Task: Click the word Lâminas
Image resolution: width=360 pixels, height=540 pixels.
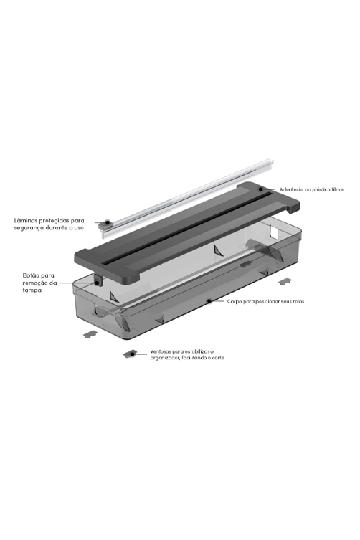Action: coord(25,220)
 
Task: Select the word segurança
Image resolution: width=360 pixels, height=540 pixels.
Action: coord(27,228)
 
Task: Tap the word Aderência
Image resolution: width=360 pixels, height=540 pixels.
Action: coord(291,189)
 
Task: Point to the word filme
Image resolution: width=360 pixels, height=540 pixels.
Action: coord(337,189)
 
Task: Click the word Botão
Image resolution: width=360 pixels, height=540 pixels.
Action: coord(31,275)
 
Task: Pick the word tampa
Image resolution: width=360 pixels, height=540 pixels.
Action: coord(32,290)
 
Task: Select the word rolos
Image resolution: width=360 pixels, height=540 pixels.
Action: coord(298,302)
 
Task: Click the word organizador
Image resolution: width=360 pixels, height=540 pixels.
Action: coord(164,358)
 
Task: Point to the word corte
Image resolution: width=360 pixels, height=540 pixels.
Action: coord(218,358)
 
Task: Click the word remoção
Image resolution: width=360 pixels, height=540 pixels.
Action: coord(35,283)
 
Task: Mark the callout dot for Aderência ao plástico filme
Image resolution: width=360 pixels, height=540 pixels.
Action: coord(261,189)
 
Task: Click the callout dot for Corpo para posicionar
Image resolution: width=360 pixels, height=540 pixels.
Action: coord(209,301)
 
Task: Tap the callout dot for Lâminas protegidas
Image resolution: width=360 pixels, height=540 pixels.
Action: coord(107,222)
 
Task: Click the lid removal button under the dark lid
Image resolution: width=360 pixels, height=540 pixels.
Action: coord(98,280)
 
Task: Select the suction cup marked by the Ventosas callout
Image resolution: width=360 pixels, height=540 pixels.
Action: coord(130,354)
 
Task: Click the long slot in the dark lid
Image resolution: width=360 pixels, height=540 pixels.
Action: coord(186,227)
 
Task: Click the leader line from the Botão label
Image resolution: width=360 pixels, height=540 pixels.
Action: coord(77,283)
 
